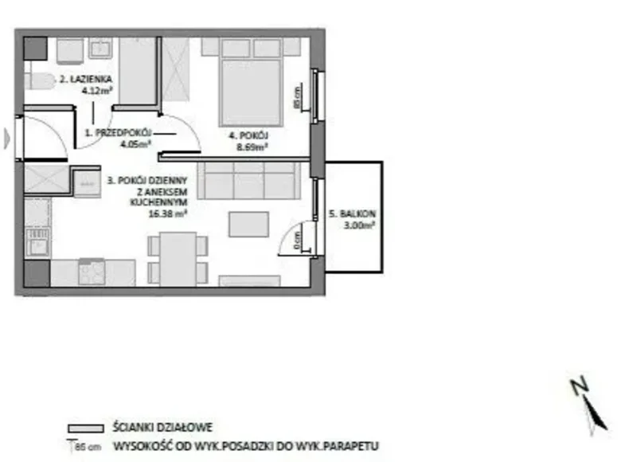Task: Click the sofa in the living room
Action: (248, 180)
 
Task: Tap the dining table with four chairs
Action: (178, 258)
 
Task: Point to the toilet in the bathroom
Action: (37, 80)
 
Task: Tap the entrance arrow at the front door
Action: (8, 139)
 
